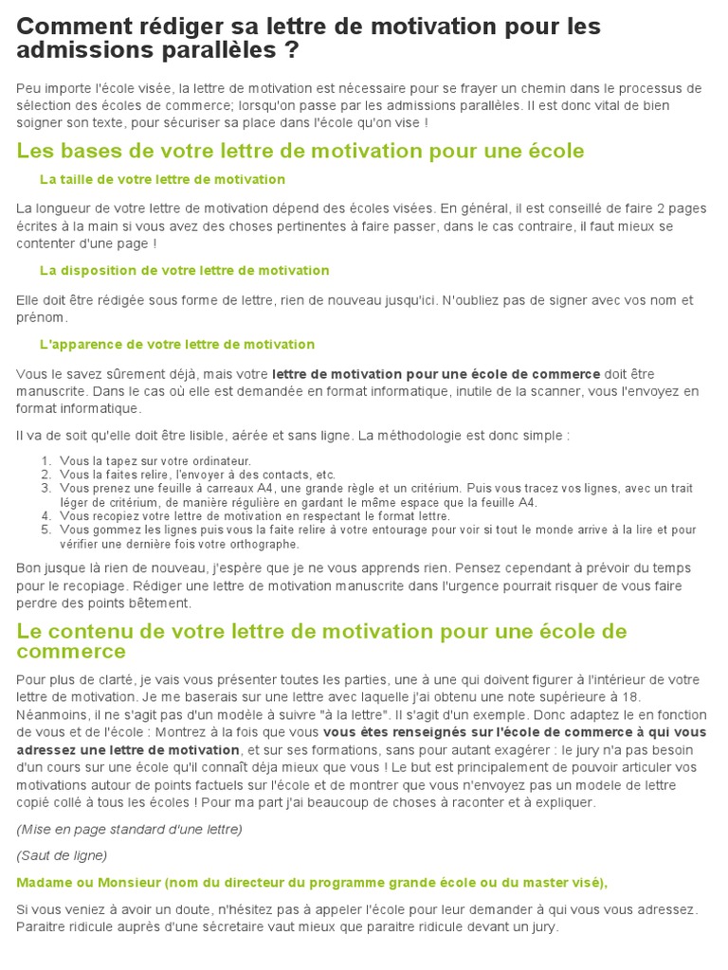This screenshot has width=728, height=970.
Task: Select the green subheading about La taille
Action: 162,179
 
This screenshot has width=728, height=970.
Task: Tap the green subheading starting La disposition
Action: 184,270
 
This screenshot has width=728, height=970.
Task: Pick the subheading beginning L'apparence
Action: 176,344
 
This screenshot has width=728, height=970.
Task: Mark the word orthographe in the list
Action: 265,544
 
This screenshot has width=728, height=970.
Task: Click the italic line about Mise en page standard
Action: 129,829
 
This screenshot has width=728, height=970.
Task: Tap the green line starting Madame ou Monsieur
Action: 312,882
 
